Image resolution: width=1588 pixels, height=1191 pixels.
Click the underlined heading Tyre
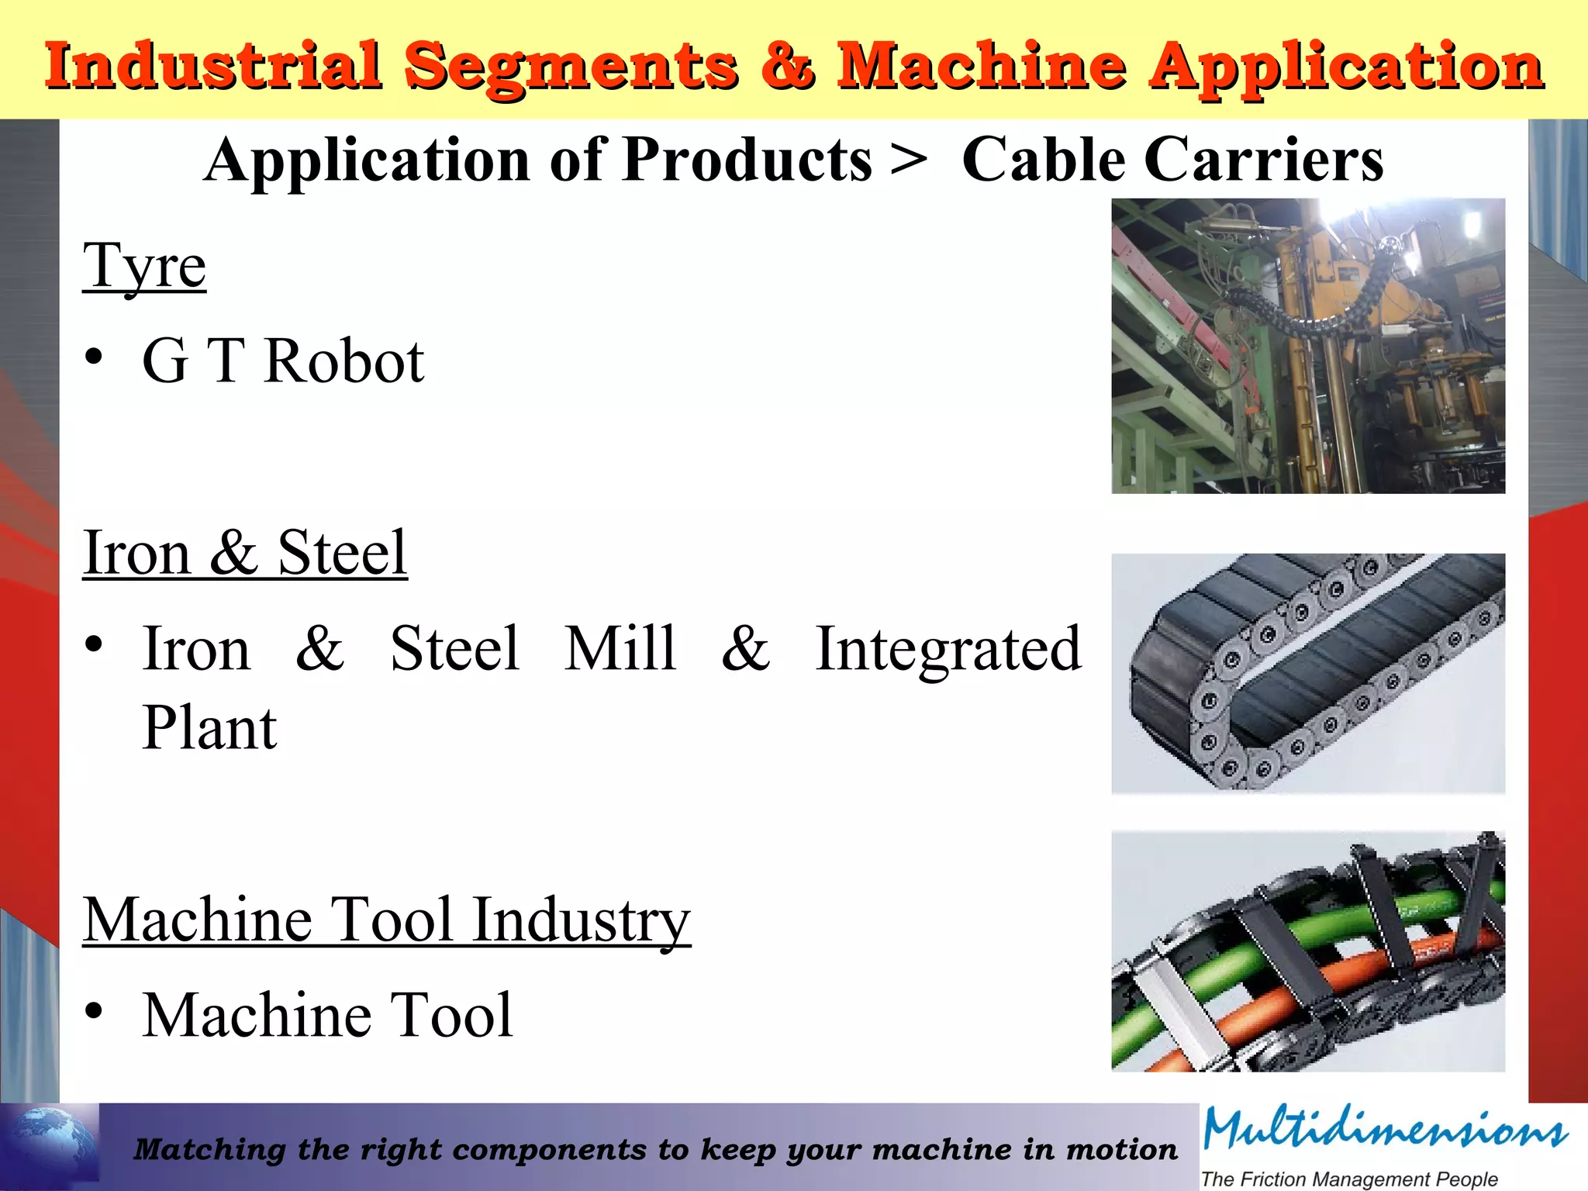coord(145,266)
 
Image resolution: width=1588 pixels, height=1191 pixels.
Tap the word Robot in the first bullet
coord(343,361)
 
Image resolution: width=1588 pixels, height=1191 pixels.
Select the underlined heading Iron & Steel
coord(245,553)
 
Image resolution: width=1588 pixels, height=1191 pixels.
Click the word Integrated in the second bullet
coord(948,649)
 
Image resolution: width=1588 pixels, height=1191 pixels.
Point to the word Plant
coord(209,728)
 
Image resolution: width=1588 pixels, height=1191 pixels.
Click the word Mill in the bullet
coord(620,648)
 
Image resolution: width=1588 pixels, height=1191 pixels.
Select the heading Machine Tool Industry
coord(387,920)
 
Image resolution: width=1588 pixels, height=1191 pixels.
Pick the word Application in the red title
coord(1347,67)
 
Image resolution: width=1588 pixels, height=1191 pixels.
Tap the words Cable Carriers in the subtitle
coord(1172,160)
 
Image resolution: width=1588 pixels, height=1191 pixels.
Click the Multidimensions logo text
coord(1385,1130)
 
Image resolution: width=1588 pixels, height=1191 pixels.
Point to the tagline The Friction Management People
coord(1349,1179)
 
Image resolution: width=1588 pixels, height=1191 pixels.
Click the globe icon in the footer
coord(50,1146)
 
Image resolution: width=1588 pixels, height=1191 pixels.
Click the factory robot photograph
coord(1308,346)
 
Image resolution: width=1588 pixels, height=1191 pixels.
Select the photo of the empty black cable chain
coord(1308,673)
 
